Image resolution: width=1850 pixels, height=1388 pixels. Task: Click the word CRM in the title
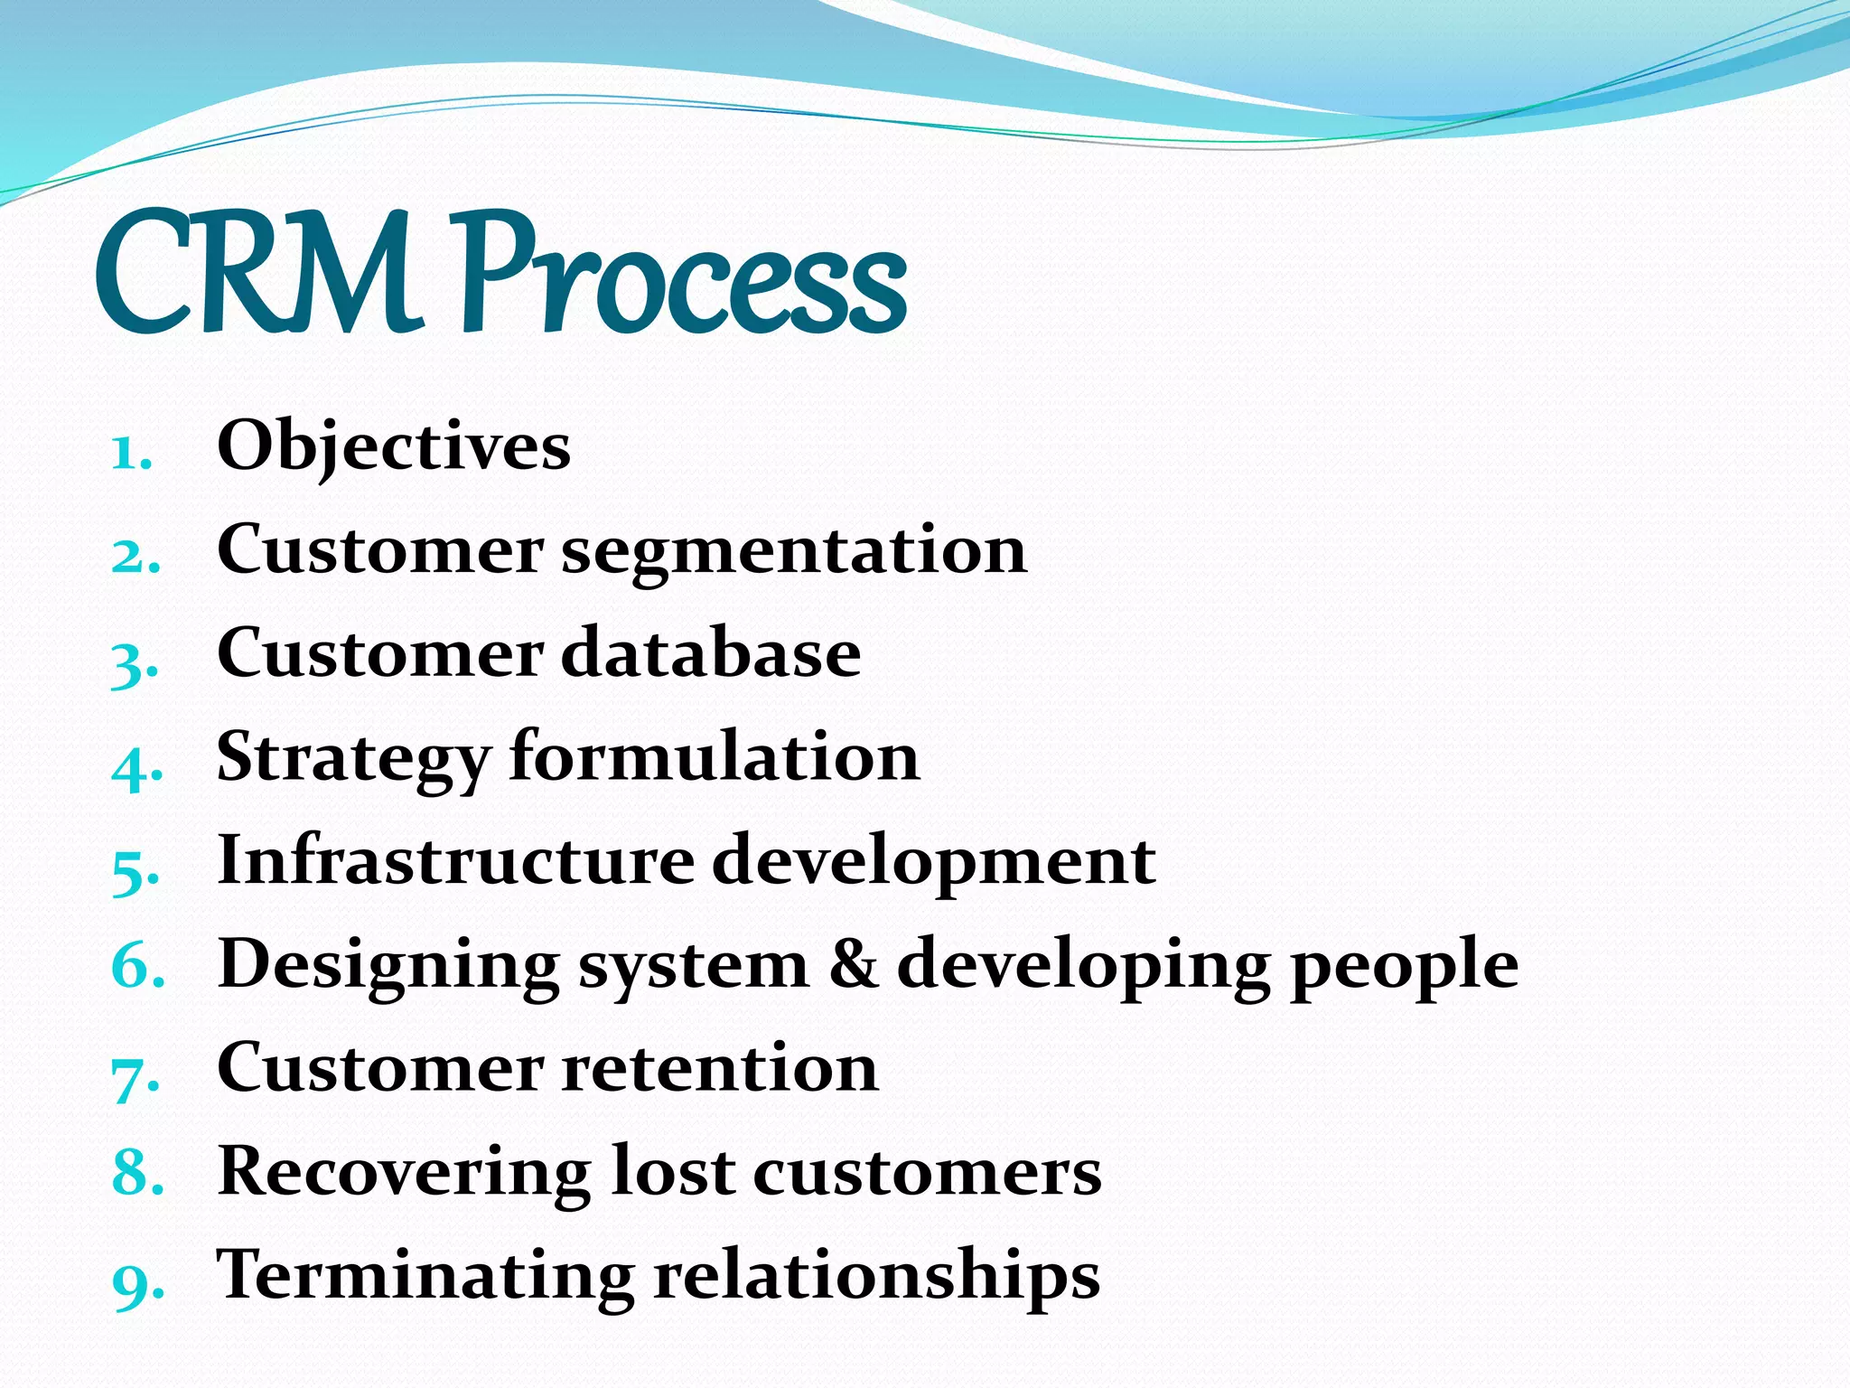coord(257,273)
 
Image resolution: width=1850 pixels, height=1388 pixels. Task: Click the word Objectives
coord(394,447)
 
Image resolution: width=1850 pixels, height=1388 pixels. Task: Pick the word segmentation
coord(794,551)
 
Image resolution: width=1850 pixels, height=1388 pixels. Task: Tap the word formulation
coord(715,756)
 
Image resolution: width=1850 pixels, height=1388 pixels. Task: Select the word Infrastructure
coord(456,860)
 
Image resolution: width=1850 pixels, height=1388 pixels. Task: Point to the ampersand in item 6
coord(853,964)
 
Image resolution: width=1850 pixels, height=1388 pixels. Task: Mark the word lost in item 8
coord(672,1171)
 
